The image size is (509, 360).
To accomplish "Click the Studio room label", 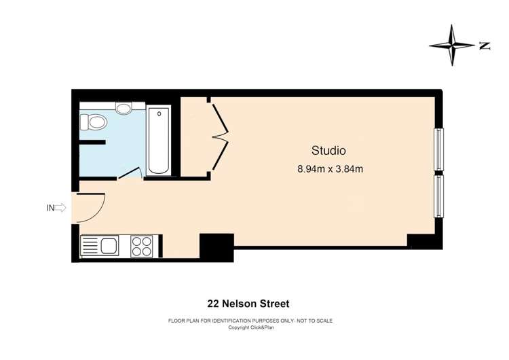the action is pos(328,150).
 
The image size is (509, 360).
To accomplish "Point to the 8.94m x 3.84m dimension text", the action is pos(330,169).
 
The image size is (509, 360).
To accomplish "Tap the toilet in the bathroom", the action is pos(94,122).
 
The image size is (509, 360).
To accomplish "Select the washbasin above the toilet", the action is pos(124,107).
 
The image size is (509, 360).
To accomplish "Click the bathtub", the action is pos(158,140).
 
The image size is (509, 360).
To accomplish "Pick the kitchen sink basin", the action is pos(110,245).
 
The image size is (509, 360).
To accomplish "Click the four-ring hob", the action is pos(142,247).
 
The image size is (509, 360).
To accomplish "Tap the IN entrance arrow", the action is pos(60,208).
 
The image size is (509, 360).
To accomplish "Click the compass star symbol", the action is pos(452,45).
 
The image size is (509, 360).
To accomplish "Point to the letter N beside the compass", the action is pos(485,46).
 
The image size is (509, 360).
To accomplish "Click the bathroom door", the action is pos(129,173).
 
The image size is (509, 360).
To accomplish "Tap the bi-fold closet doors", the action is pos(221,137).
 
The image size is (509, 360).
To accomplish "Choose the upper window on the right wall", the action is pos(438,149).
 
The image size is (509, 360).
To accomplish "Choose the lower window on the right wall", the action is pos(438,196).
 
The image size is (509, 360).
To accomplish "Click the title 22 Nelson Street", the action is pos(248,304).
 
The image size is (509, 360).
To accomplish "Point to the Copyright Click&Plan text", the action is pos(251,327).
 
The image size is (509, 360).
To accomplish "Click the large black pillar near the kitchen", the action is pos(216,247).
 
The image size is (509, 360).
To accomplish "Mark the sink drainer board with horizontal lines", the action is pos(90,245).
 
